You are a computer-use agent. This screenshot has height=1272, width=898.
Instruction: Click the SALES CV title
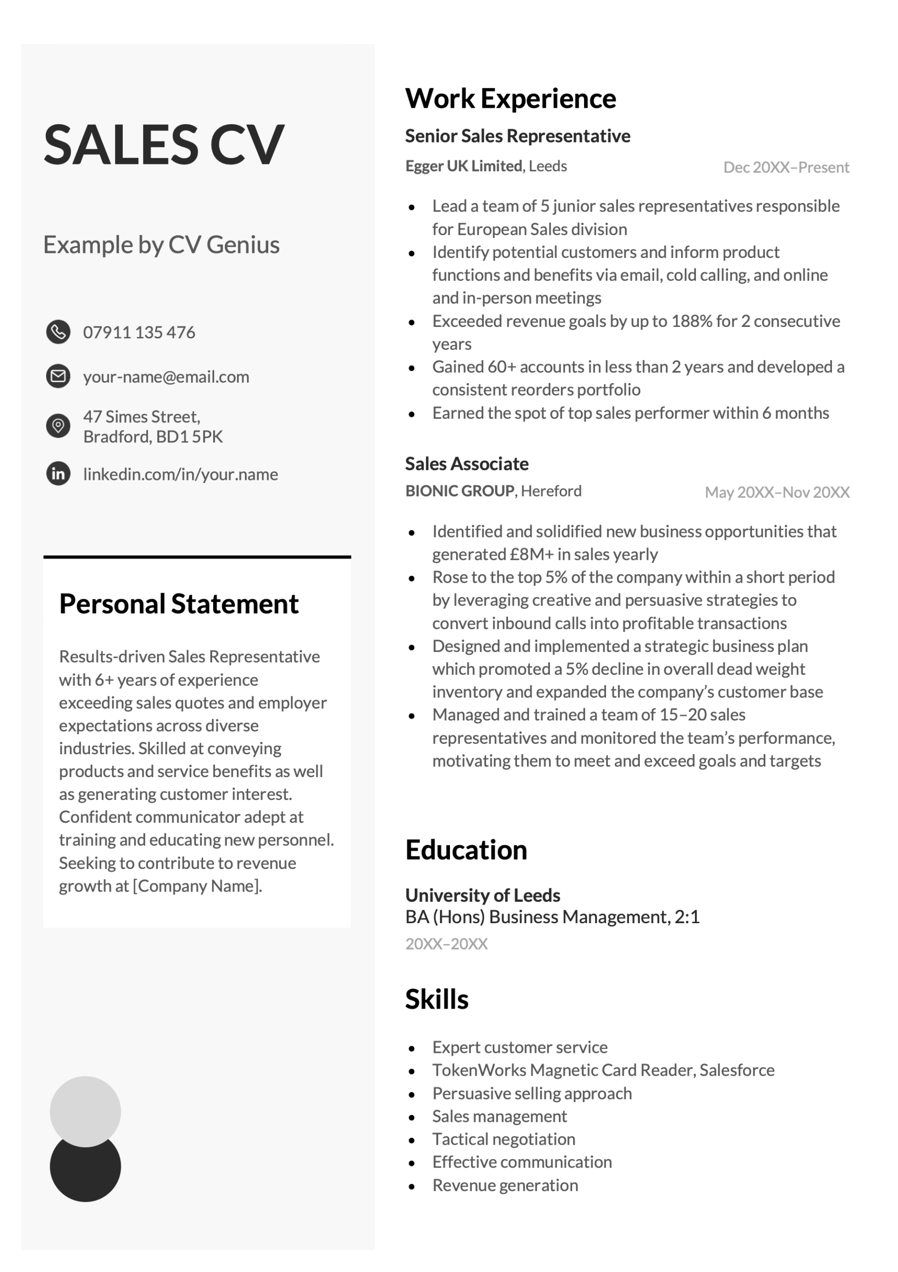[x=164, y=145]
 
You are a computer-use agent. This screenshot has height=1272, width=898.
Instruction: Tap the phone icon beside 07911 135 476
[x=58, y=332]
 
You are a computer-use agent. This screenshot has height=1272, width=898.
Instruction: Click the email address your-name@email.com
[x=166, y=377]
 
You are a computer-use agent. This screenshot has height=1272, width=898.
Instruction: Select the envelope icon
[x=58, y=376]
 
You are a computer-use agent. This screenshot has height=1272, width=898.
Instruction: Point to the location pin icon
[x=58, y=425]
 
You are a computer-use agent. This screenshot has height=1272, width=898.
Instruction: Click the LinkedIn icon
[x=58, y=474]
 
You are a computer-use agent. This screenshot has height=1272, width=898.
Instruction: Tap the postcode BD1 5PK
[x=189, y=437]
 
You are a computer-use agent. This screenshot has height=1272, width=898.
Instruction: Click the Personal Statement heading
[x=178, y=603]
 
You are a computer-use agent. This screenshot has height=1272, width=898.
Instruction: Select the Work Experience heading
[x=510, y=98]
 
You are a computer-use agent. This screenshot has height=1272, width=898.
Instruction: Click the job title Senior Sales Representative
[x=517, y=136]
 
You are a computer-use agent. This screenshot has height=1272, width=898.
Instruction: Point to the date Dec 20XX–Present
[x=786, y=167]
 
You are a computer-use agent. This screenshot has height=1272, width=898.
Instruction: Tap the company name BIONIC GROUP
[x=459, y=491]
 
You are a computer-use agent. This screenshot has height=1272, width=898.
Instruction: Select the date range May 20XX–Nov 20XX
[x=777, y=492]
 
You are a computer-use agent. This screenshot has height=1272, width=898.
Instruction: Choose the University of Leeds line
[x=482, y=895]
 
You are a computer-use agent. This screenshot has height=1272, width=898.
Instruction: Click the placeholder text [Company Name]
[x=197, y=885]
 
